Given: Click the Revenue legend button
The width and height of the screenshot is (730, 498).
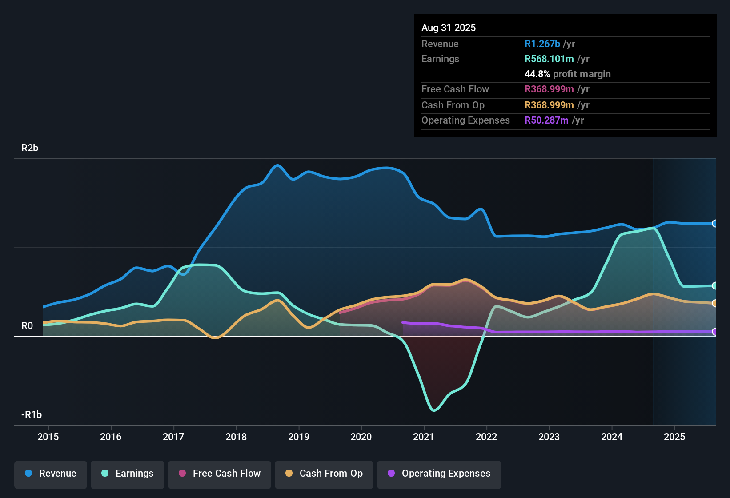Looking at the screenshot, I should click(x=51, y=474).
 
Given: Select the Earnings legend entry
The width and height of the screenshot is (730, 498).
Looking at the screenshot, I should click(x=128, y=474).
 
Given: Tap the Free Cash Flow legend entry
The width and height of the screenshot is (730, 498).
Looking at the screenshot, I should click(x=220, y=474).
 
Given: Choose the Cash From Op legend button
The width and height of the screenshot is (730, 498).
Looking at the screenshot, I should click(x=324, y=474).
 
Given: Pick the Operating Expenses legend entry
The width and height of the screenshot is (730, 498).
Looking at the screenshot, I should click(x=439, y=474).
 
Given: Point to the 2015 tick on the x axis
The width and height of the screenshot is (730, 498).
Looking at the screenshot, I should click(x=48, y=437).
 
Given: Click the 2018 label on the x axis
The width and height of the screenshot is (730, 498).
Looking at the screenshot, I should click(x=236, y=437).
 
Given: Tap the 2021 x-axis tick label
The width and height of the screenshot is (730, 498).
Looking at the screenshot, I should click(x=424, y=437).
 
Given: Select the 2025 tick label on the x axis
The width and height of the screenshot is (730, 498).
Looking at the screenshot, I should click(x=674, y=437).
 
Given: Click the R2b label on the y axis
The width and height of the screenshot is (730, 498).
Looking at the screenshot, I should click(x=30, y=148).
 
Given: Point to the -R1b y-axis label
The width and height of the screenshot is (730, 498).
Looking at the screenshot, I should click(x=32, y=415).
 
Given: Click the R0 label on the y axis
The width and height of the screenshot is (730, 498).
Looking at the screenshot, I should click(x=27, y=326).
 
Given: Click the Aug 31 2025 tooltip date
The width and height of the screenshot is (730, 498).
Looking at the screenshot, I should click(x=449, y=28).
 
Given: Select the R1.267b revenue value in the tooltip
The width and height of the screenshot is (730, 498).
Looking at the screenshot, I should click(x=542, y=44).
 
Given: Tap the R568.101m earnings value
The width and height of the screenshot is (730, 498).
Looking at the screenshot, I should click(x=549, y=59).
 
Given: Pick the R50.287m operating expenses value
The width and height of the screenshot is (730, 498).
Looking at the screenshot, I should click(x=546, y=120).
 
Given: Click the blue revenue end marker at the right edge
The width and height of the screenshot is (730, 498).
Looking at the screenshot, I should click(x=714, y=224).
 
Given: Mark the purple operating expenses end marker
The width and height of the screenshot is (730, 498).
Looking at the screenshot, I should click(x=714, y=332).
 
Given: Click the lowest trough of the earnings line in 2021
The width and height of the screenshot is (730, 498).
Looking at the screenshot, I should click(x=434, y=410).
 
